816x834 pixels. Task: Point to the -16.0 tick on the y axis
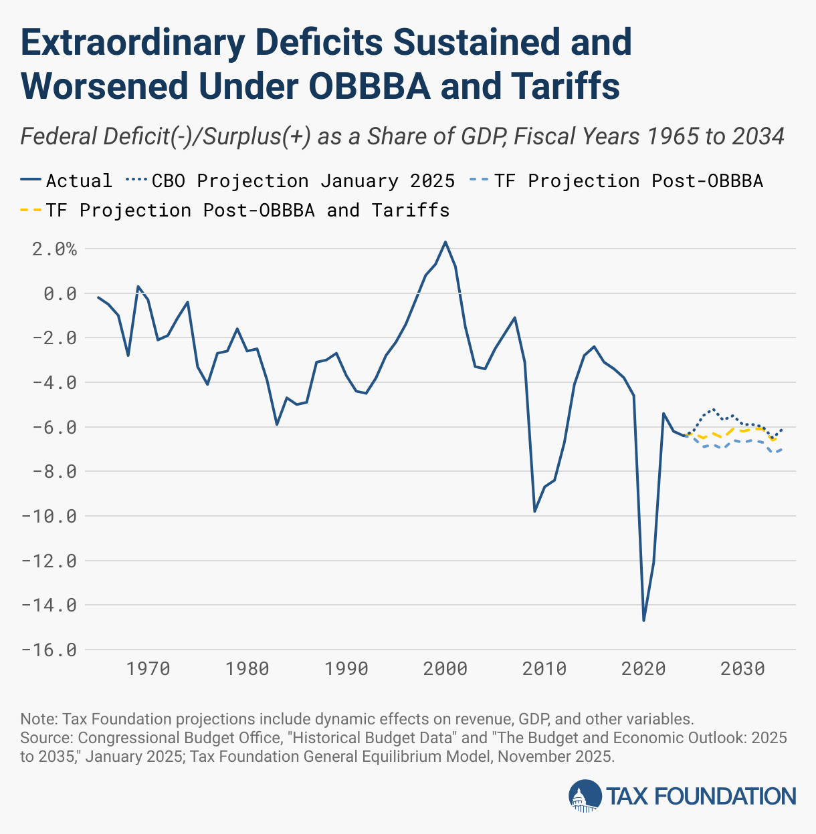click(x=49, y=650)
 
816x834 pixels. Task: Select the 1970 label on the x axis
click(x=148, y=669)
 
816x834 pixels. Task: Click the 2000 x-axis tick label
click(x=445, y=669)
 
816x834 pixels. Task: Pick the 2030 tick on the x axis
click(x=742, y=669)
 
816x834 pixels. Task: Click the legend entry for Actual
click(x=66, y=181)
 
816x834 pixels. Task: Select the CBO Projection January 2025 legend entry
click(x=290, y=181)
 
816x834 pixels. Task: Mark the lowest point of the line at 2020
click(x=643, y=620)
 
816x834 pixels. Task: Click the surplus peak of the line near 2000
click(x=445, y=242)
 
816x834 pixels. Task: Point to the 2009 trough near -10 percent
click(x=534, y=511)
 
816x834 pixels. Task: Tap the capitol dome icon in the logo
click(x=585, y=796)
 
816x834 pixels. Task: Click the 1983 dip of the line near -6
click(x=276, y=424)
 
